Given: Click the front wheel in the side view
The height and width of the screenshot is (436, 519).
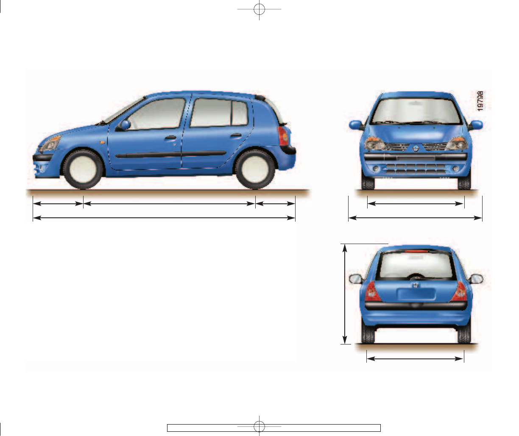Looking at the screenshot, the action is (x=83, y=169).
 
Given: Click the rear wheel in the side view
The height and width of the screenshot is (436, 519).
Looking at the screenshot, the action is (x=255, y=169).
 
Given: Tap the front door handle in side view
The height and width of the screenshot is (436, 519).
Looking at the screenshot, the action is (x=170, y=138).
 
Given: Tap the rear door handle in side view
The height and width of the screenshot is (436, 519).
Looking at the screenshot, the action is (x=236, y=136).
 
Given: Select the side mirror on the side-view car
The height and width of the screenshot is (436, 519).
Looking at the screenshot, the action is (x=125, y=125).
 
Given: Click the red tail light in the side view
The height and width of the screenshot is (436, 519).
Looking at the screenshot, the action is (x=284, y=136).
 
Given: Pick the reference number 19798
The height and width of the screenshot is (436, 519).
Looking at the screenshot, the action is (x=480, y=100).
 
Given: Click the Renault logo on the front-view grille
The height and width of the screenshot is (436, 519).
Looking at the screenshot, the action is (x=416, y=148).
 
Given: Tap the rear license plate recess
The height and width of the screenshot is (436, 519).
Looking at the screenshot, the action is (x=416, y=294).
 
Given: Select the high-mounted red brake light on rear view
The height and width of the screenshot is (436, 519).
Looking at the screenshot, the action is (x=416, y=252).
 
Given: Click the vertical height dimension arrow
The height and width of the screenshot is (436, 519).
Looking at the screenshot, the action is (x=345, y=294).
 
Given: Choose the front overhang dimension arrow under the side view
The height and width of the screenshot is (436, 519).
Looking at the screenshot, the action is (x=58, y=204).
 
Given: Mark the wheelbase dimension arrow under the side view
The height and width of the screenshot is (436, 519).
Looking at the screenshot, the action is (x=169, y=204).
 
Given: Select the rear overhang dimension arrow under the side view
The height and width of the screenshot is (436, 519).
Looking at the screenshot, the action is (x=275, y=204).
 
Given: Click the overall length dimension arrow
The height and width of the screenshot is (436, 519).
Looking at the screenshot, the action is (x=164, y=218).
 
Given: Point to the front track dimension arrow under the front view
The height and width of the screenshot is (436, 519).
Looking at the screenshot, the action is (x=416, y=204).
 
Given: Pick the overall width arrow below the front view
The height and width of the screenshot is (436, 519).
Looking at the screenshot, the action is (x=416, y=218).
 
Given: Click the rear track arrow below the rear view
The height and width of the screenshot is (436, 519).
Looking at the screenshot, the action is (x=415, y=359).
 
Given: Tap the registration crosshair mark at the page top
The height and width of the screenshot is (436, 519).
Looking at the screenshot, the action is (x=259, y=9).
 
